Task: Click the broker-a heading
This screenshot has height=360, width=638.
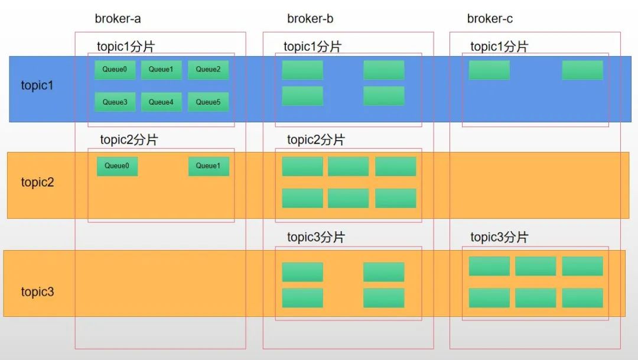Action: [118, 19]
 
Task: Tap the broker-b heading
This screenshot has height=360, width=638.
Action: [310, 19]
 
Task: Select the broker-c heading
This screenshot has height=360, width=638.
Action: [490, 19]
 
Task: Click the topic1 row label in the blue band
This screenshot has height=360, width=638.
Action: [37, 85]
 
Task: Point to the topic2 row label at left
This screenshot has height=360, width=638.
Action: [37, 182]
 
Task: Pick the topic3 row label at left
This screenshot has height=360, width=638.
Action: [37, 291]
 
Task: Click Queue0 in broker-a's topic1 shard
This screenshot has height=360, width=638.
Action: [115, 70]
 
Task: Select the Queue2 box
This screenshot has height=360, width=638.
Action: [209, 70]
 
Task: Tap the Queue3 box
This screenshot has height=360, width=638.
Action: [115, 102]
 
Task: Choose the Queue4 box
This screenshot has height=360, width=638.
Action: [161, 102]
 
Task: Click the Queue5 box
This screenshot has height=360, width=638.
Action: [209, 102]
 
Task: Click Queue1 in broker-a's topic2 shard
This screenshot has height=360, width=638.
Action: [209, 166]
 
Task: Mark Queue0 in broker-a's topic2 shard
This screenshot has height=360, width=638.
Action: [117, 166]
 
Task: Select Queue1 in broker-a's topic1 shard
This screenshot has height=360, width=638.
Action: [161, 70]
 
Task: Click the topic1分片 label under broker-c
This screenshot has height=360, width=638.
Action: [499, 47]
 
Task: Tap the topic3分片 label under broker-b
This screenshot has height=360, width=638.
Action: [316, 237]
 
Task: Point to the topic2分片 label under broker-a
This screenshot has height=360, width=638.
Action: [129, 140]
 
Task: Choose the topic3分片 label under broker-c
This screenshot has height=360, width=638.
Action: [499, 237]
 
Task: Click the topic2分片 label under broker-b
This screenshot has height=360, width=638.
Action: [316, 140]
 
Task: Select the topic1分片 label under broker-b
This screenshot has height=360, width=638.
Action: [313, 47]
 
